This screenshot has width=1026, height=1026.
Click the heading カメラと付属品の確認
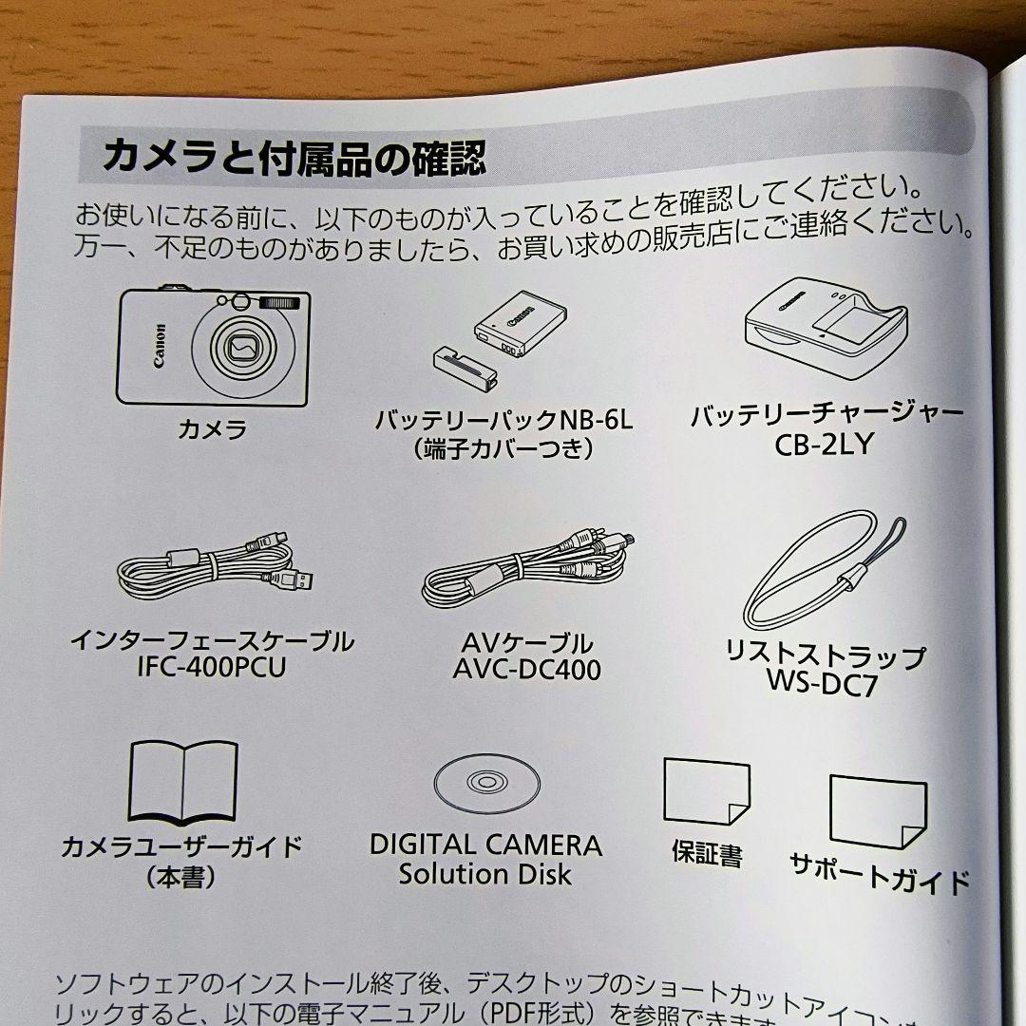coord(294,156)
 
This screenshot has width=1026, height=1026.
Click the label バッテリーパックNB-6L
coord(503,419)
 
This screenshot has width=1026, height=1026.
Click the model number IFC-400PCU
coord(210,667)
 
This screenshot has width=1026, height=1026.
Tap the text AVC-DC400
coord(526,671)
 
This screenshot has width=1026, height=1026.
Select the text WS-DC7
coord(823,683)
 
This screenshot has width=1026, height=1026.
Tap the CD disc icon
coord(486,782)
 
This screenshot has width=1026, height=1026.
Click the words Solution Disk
coord(484,874)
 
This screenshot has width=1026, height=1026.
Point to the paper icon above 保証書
coord(706,790)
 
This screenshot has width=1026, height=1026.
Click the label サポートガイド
coord(880,870)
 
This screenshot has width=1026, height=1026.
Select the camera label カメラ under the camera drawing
coord(213,429)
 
